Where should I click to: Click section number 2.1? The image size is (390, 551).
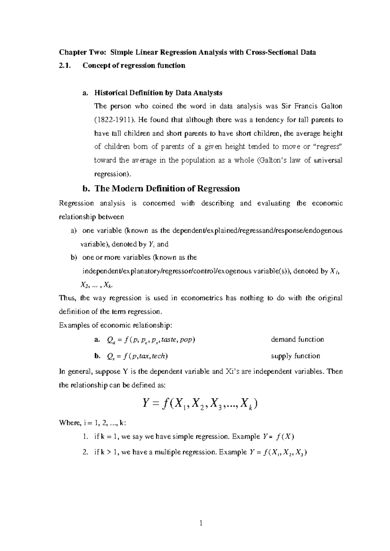coord(64,66)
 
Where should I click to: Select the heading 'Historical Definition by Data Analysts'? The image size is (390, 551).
coord(158,93)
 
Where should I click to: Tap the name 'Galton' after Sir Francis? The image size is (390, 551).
coord(331,106)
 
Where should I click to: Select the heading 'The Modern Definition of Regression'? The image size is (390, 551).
coord(167,188)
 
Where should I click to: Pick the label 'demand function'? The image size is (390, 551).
coord(297,340)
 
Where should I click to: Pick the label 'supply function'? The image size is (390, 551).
coord(295,356)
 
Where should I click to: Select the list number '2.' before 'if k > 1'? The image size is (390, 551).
coord(85,452)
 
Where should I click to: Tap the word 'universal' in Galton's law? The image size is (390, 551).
coord(328,160)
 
